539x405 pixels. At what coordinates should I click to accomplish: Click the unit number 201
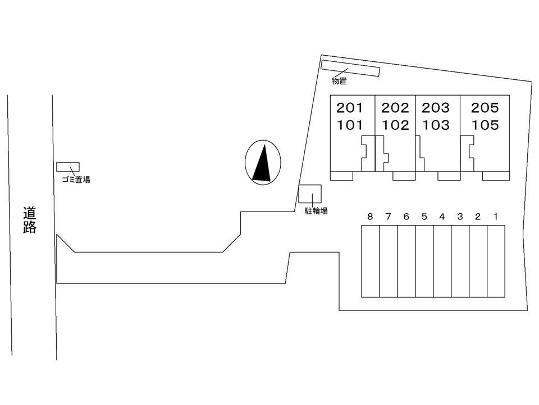(350, 108)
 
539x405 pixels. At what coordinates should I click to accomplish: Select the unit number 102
(395, 125)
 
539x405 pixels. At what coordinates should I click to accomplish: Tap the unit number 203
(436, 108)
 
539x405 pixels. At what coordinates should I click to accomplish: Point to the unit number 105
(485, 125)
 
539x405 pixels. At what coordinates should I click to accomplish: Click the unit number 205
(485, 108)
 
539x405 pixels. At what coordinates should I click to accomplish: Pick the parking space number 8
(370, 217)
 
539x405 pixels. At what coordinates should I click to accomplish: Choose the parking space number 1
(495, 217)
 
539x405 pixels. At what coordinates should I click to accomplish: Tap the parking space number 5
(424, 217)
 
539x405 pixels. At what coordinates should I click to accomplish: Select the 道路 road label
(30, 220)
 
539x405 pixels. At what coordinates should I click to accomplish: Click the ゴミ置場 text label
(76, 179)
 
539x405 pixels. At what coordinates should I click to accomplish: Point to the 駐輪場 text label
(316, 211)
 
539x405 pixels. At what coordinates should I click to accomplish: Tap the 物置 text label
(339, 81)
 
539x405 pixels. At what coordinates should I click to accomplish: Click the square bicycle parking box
(310, 194)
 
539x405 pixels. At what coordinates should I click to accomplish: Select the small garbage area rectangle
(68, 167)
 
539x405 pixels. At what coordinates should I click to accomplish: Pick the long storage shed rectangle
(350, 68)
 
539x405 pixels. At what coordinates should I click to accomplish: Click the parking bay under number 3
(460, 262)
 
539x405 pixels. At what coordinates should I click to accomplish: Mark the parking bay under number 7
(389, 262)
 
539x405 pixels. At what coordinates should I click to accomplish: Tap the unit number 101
(350, 125)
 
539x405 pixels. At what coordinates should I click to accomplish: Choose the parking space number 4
(442, 217)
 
